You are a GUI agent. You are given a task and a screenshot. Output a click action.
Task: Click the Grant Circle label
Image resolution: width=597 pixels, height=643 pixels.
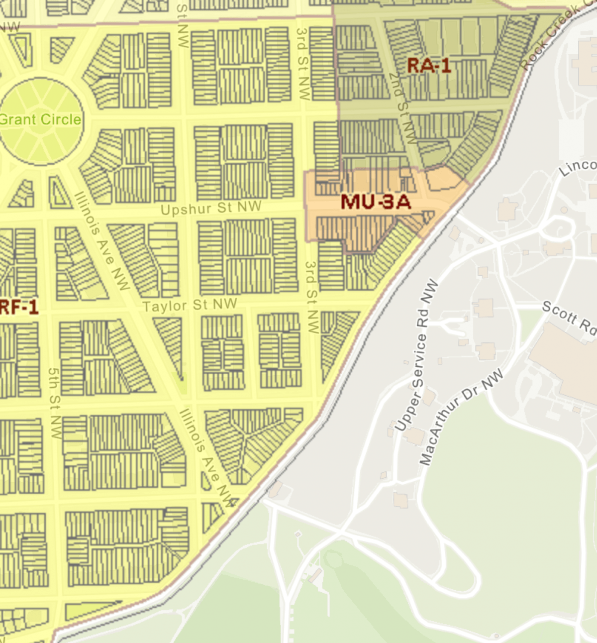[x=40, y=120]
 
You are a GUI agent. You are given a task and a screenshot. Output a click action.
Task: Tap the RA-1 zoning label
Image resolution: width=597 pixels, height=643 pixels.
[x=428, y=66]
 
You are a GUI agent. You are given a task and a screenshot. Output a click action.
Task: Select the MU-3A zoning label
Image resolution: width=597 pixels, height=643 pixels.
[x=376, y=202]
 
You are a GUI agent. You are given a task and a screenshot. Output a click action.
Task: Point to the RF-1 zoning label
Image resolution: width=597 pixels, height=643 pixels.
[x=19, y=307]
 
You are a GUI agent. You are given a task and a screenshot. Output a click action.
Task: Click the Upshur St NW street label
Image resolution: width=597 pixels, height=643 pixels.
[x=211, y=208]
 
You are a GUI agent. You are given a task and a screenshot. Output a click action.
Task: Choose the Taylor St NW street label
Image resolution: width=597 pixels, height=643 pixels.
[x=190, y=305]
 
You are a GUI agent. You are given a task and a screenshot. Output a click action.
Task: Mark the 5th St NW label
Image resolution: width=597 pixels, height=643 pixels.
[x=54, y=403]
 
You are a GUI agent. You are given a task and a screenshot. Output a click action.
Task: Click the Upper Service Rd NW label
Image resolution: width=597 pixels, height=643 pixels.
[x=418, y=355]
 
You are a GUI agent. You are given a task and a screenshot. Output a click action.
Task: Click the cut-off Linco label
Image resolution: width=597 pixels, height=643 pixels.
[x=577, y=168]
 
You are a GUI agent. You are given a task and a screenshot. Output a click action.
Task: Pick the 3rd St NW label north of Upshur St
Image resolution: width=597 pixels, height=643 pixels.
[x=302, y=64]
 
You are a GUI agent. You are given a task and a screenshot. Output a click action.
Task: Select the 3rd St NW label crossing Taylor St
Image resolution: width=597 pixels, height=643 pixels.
[x=311, y=297]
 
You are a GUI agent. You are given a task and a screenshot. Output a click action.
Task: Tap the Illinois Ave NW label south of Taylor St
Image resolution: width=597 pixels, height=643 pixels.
[x=207, y=457]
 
